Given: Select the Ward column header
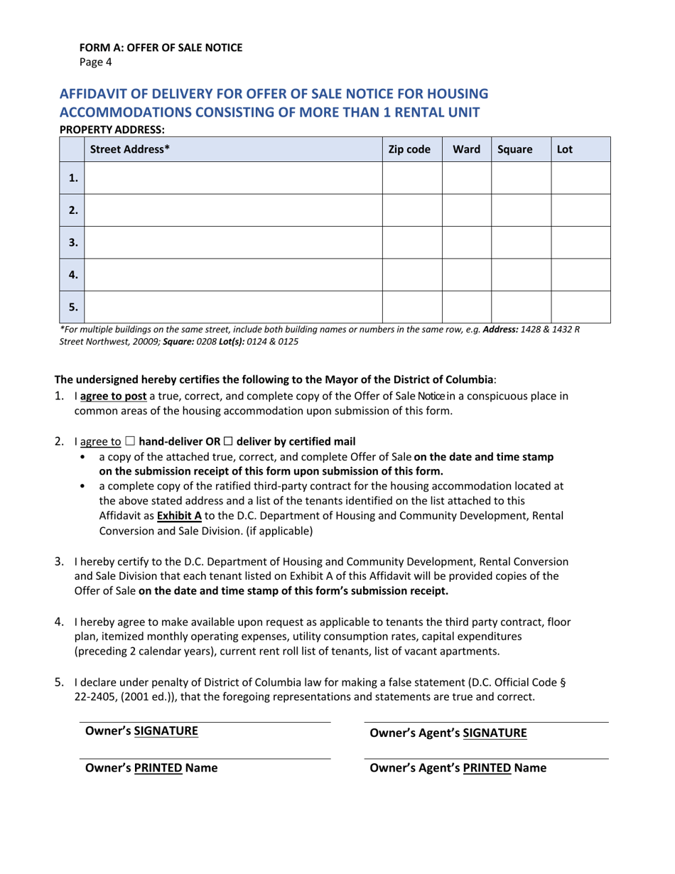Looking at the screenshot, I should (466, 150).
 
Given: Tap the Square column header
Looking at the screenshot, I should (515, 150).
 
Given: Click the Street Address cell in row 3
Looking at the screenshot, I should (233, 242).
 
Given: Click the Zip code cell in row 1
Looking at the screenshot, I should (412, 178).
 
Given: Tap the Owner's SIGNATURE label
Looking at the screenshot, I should (141, 730).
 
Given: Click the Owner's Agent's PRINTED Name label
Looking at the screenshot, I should (458, 768).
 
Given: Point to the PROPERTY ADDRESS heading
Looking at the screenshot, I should (112, 129).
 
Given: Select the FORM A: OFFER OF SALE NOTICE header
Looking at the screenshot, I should (161, 48).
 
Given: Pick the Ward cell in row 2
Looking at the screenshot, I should (466, 210).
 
